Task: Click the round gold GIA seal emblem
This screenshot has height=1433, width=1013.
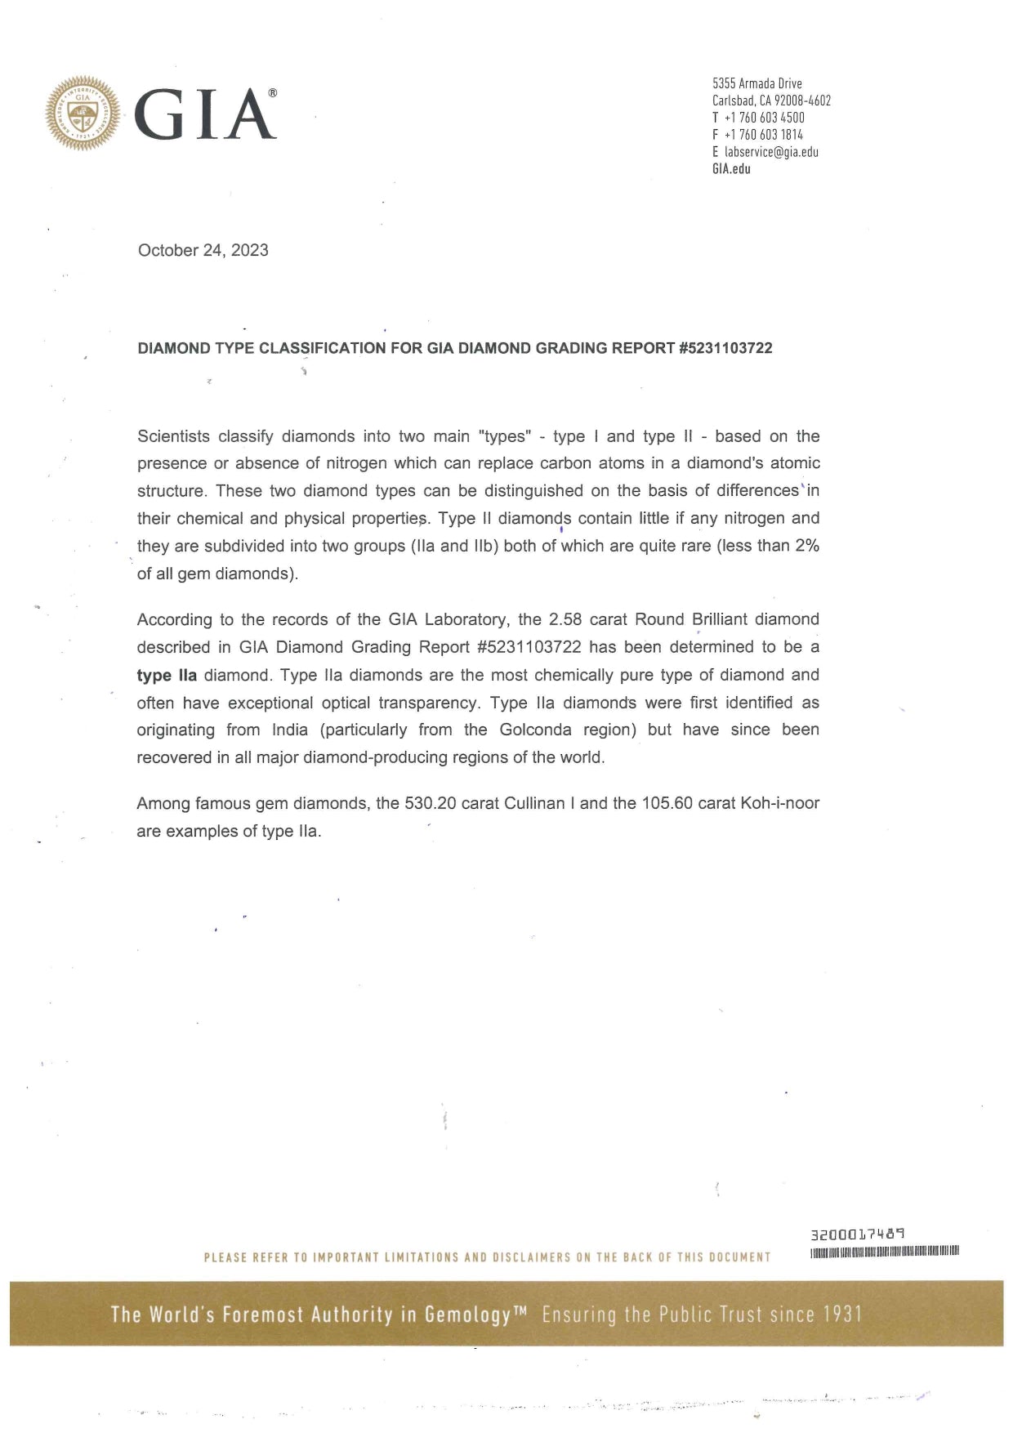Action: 83,113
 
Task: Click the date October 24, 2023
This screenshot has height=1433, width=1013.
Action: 203,250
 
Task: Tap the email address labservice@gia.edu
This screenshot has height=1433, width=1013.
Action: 771,152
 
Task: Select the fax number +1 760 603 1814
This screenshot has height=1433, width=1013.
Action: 764,135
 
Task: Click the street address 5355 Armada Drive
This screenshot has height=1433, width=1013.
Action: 756,83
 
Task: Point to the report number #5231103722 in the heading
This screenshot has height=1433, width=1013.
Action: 725,348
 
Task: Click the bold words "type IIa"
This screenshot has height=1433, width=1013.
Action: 167,676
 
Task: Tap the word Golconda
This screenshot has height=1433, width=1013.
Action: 535,730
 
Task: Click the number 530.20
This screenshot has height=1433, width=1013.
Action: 431,803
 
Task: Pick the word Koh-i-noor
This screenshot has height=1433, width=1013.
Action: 779,803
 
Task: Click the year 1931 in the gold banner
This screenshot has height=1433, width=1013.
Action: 841,1315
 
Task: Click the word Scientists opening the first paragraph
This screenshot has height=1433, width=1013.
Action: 173,436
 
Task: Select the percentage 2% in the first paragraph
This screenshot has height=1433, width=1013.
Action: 807,546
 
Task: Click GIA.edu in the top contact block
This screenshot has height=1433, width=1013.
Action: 731,169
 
